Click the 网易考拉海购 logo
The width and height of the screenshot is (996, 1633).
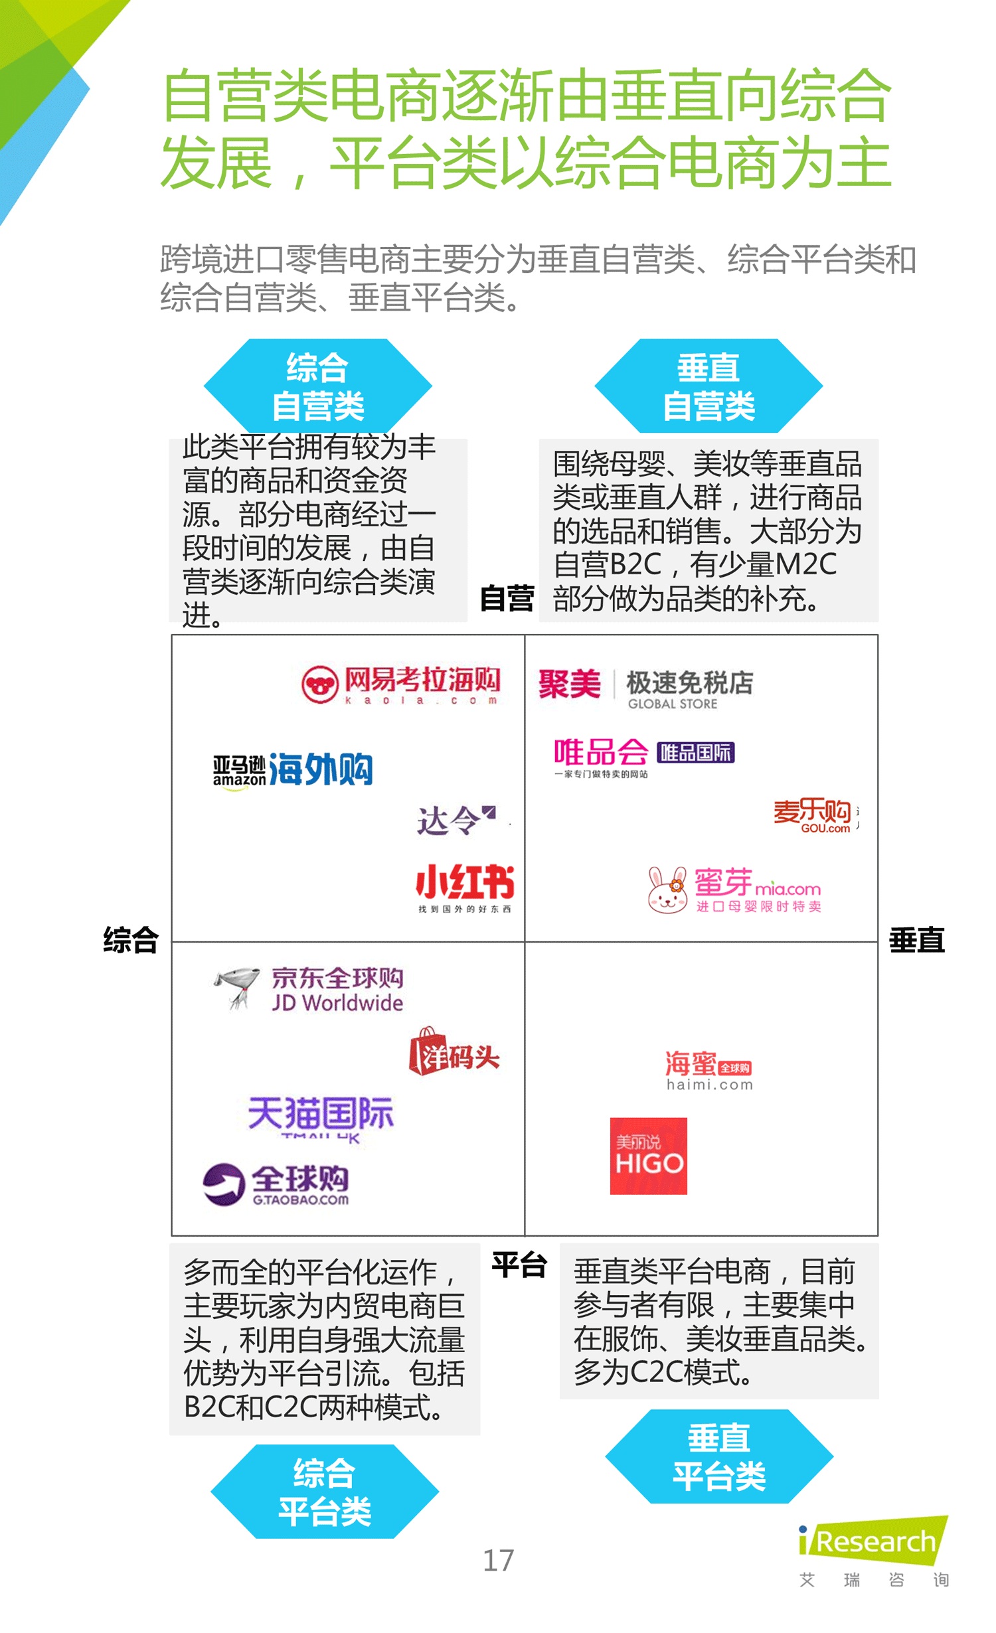click(401, 684)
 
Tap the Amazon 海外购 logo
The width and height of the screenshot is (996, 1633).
click(293, 770)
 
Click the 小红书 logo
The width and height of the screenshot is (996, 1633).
click(465, 886)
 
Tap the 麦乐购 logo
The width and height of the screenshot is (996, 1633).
click(813, 815)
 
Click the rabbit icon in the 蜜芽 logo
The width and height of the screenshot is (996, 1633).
click(667, 890)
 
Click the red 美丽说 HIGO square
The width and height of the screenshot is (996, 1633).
click(648, 1156)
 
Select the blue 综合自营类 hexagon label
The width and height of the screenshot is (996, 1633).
click(318, 386)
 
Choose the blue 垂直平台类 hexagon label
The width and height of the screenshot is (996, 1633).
click(719, 1456)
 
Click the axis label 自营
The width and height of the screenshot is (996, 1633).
click(507, 598)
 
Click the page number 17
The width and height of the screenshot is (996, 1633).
click(498, 1561)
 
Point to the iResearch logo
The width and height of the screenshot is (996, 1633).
click(874, 1541)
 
